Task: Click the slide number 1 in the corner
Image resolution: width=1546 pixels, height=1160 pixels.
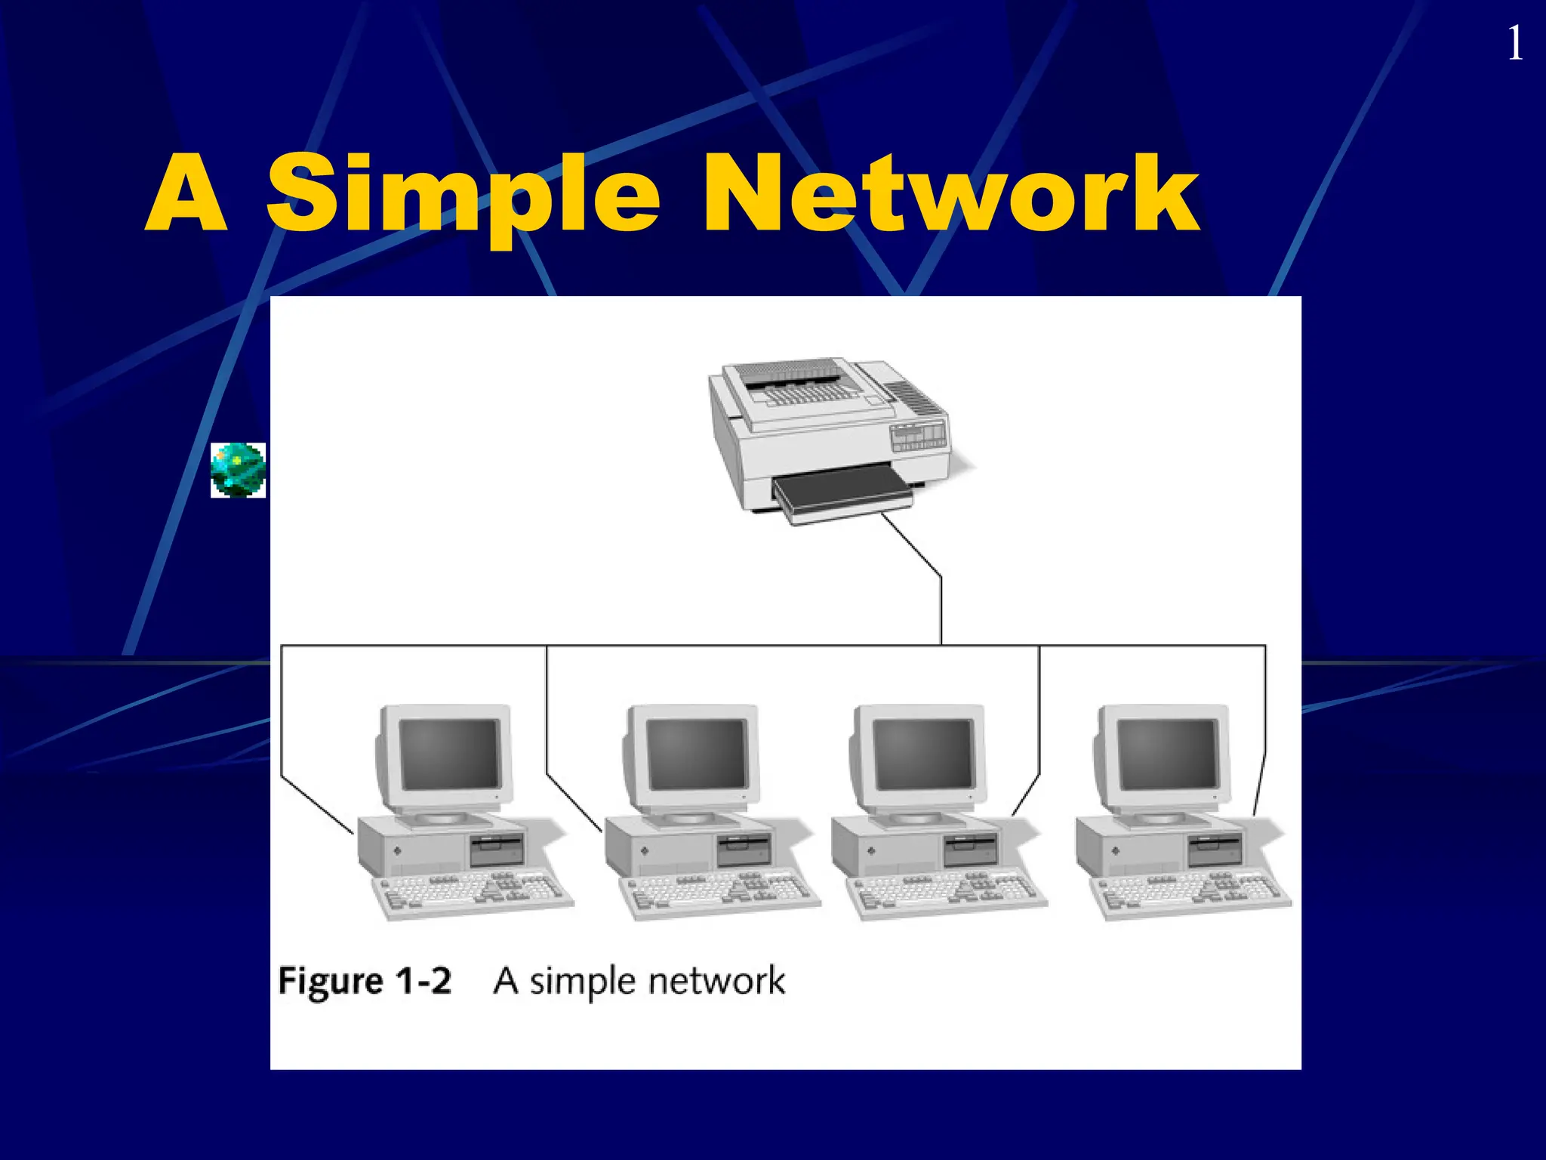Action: (x=1515, y=44)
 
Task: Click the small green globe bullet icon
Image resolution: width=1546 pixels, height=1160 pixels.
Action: (x=238, y=470)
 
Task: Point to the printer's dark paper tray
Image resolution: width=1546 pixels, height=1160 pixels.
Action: (x=842, y=491)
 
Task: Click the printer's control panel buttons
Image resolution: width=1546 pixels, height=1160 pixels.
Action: (x=918, y=437)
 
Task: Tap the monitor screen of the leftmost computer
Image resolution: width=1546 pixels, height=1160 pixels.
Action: (x=450, y=753)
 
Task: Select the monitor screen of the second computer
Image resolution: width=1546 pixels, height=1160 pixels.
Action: (x=697, y=753)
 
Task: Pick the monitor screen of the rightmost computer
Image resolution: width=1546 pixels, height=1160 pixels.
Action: (x=1167, y=753)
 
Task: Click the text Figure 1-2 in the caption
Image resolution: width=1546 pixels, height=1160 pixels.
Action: (x=365, y=981)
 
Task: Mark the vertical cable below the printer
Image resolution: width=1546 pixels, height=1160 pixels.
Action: (x=941, y=610)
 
